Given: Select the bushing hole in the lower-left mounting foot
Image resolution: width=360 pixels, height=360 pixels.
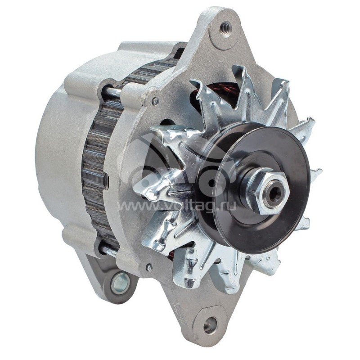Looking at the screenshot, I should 120,283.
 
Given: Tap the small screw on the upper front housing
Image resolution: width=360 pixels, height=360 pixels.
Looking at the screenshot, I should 155,102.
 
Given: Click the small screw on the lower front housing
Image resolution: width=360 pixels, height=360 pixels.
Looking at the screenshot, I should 149,267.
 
